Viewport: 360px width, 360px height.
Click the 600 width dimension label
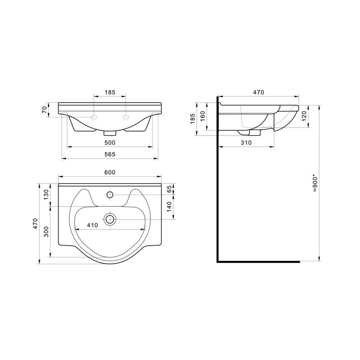click(110, 172)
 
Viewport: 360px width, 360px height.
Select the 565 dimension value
click(110, 154)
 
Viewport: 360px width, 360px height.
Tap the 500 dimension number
click(110, 143)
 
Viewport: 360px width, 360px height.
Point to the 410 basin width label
click(92, 225)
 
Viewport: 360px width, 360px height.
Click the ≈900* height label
click(315, 184)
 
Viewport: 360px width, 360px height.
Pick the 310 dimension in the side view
click(246, 143)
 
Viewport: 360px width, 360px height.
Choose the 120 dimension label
click(304, 117)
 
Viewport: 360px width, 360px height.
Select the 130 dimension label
click(46, 195)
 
